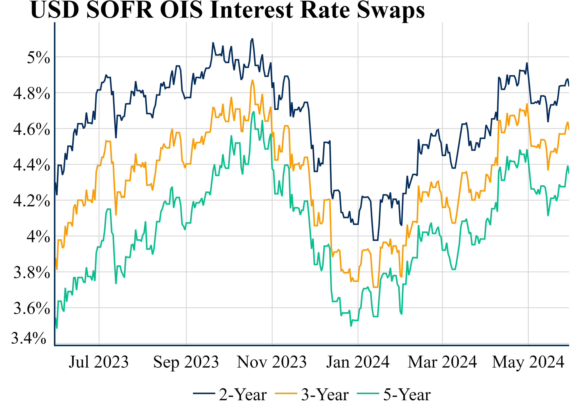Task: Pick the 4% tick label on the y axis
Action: click(38, 236)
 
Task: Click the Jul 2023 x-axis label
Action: click(99, 362)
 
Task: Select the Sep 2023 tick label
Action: click(186, 362)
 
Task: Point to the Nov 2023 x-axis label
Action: click(272, 362)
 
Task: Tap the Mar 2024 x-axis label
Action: click(442, 362)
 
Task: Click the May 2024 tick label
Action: click(528, 362)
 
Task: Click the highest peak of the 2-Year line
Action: click(252, 39)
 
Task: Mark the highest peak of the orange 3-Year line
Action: click(252, 80)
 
